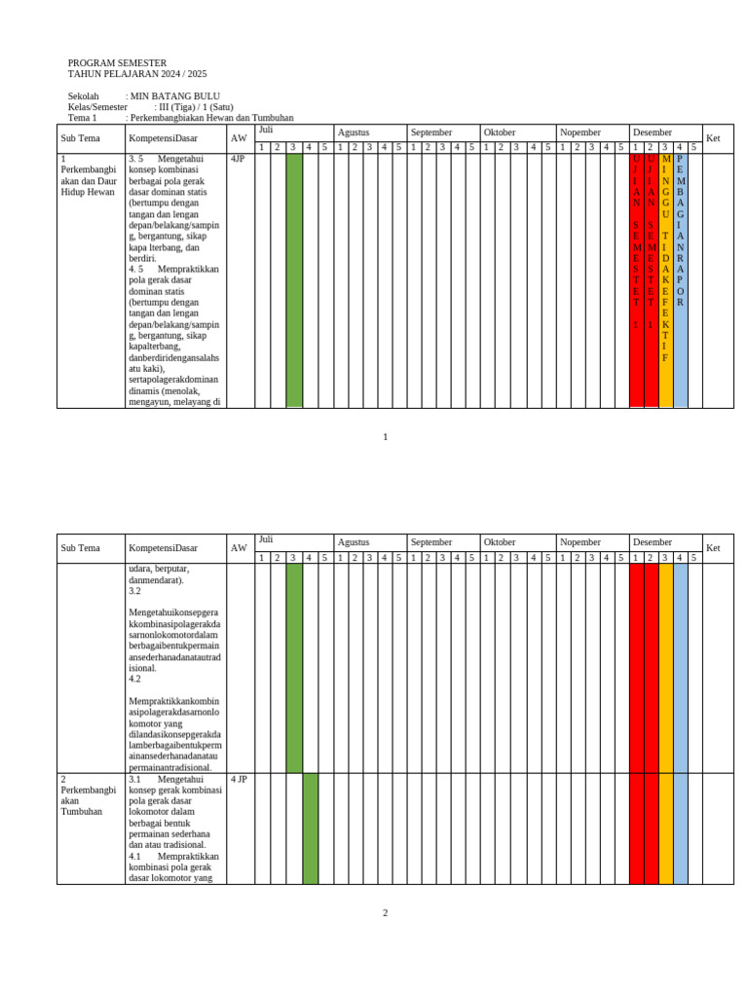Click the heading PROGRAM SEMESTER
coord(117,62)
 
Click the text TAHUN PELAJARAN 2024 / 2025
coord(137,74)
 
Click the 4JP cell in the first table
coord(238,159)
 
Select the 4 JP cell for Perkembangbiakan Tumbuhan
coord(240,780)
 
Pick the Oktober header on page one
coord(500,132)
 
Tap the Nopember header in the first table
coord(580,132)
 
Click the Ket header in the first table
coord(712,138)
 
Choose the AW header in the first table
coord(239,138)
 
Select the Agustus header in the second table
coord(354,542)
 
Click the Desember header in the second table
coord(653,542)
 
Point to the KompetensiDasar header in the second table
coord(163,548)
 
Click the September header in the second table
coord(431,542)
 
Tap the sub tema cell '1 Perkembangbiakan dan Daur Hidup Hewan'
coord(89,175)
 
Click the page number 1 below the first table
coord(385,437)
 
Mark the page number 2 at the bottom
coord(385,913)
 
